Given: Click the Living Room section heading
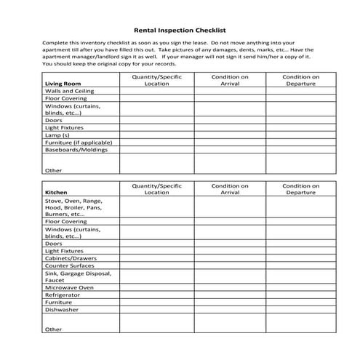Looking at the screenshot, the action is click(63, 84).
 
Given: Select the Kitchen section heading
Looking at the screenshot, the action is click(57, 193).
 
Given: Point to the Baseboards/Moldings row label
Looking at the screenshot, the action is click(76, 150).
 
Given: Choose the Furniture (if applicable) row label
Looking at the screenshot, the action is click(78, 143).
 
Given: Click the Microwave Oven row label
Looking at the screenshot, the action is click(69, 287).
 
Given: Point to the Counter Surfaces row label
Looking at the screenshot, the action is click(71, 265).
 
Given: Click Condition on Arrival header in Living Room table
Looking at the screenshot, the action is click(229, 80).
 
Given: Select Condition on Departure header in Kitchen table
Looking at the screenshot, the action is click(300, 189).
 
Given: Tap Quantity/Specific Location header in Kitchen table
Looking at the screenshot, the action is click(156, 189).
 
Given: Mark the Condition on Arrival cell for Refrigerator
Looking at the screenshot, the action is click(229, 295).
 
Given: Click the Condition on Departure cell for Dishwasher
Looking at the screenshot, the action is click(300, 310).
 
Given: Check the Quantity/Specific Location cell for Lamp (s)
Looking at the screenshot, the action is click(156, 135).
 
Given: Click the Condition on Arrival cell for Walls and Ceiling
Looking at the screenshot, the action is click(229, 92).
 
